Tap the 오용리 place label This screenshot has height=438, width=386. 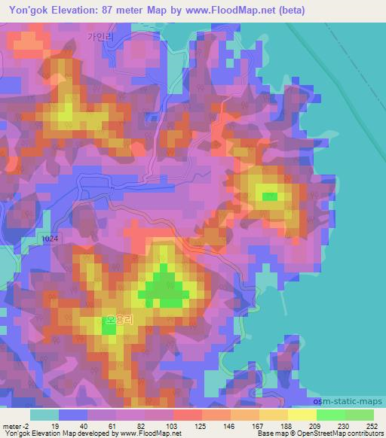coord(120,320)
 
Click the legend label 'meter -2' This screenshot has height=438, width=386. coord(17,424)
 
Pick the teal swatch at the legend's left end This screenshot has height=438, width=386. coord(44,414)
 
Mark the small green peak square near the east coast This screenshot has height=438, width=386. coord(269,197)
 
